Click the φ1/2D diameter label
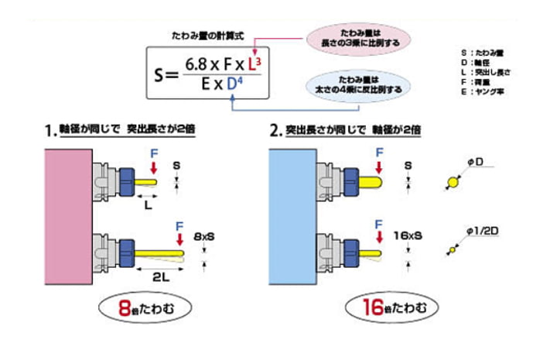click(481, 229)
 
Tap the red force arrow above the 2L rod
click(179, 239)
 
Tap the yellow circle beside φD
click(453, 183)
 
